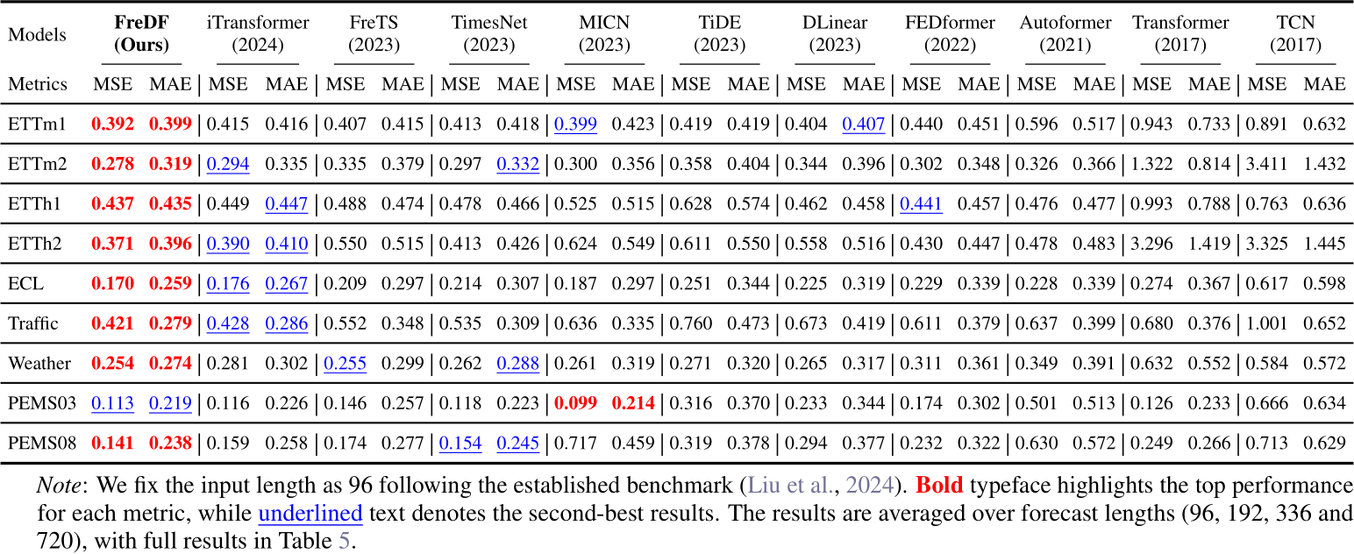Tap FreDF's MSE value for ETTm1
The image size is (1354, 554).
(112, 124)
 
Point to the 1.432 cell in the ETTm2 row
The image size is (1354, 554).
(1323, 164)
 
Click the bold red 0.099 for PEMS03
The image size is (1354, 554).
(575, 402)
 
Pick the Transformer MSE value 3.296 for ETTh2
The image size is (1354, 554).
(1151, 244)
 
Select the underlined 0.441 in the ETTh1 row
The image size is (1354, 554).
(920, 204)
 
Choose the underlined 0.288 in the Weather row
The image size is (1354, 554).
(517, 363)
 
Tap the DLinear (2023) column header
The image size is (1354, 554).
(835, 34)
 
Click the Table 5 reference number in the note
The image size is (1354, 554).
(344, 540)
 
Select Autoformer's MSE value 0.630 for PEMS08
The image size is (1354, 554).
(1036, 443)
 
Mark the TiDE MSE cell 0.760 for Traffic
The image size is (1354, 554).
(691, 323)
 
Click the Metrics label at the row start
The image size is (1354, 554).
(38, 84)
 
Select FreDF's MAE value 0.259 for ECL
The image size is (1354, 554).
(169, 284)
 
